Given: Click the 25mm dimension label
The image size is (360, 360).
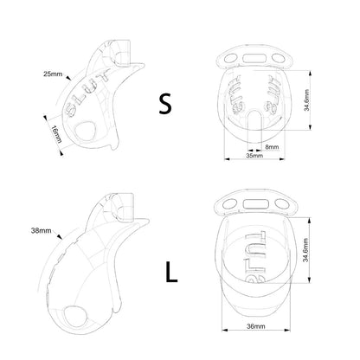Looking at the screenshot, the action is (x=53, y=74).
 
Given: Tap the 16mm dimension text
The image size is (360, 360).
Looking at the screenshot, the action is (x=57, y=134).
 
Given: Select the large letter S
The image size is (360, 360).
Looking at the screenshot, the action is (x=165, y=104).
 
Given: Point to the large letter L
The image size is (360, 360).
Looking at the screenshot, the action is (x=171, y=272).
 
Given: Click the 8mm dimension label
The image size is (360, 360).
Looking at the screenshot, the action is (x=272, y=147).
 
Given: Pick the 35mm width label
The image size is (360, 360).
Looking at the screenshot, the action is (x=254, y=156).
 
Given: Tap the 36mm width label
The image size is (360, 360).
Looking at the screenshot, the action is (x=256, y=326).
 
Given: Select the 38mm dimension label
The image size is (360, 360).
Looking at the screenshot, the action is (x=41, y=231).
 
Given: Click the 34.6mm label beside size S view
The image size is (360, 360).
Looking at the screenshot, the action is (x=306, y=100).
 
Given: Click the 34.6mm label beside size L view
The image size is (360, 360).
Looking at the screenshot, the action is (x=305, y=250).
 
